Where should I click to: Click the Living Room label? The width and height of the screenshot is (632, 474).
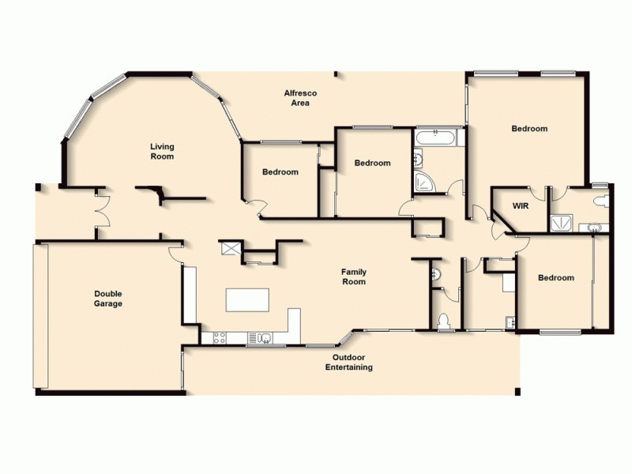[162, 151]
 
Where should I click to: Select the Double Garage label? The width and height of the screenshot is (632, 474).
[108, 298]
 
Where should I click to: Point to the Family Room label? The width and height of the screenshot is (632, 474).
[353, 276]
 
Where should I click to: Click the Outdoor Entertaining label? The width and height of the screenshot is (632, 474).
[349, 362]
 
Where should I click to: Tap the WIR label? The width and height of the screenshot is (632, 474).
[520, 205]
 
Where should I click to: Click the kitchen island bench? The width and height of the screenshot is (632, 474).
[247, 300]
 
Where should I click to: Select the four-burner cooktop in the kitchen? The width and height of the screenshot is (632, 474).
[219, 338]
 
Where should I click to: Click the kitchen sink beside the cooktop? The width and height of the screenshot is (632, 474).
[262, 338]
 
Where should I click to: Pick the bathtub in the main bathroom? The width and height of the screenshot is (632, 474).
[434, 137]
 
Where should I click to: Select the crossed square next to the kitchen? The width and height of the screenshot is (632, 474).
[231, 248]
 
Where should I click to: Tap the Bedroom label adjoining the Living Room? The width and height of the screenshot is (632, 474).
[280, 171]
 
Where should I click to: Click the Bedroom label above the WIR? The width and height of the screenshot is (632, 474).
[529, 128]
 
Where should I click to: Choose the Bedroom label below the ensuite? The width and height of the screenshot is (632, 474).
[555, 277]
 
